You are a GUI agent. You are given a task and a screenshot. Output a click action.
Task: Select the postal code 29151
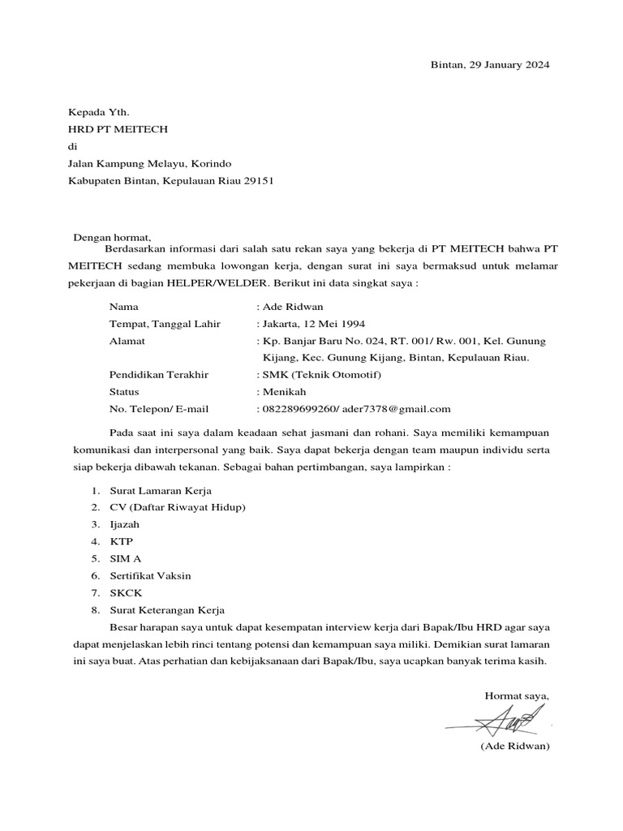point(256,181)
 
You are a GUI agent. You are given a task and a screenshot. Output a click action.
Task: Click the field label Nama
point(123,308)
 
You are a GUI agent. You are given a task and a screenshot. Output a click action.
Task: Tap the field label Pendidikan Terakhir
point(159,375)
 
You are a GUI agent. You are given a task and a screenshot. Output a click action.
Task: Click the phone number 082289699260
point(298,409)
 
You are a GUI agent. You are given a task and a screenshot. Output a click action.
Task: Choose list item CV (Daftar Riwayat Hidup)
point(178,507)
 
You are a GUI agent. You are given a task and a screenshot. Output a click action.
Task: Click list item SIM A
point(126,558)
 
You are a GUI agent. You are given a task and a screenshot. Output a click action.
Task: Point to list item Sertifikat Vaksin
point(150,575)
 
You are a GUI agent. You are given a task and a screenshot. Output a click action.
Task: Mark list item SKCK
point(126,592)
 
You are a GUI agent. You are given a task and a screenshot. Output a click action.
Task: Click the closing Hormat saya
point(517,695)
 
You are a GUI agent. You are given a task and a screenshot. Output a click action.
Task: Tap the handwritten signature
point(507,718)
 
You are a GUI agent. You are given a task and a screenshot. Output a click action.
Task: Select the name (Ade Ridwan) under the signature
point(515,746)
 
